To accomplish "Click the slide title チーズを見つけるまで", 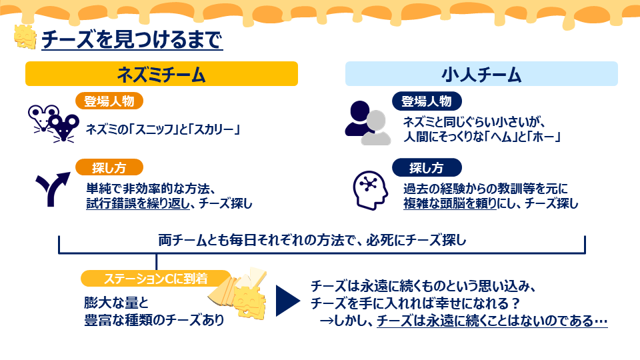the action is pos(132,39).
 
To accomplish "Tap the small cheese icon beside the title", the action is pos(25,37).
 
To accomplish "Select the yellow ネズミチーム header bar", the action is pos(161,74).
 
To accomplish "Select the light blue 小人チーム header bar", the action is pos(481,74).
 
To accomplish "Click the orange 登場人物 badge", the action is pos(109,101).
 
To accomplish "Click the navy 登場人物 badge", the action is pos(427,101).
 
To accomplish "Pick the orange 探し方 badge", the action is pos(109,167).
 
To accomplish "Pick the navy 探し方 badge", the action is pos(427,167).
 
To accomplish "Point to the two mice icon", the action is pos(53,123).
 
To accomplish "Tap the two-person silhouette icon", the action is pos(368,123).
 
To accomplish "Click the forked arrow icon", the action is pos(52,189).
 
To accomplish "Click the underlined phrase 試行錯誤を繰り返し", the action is pos(138,203).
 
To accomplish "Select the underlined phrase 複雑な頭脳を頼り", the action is pos(450,203).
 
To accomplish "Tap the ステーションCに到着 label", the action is pos(155,279).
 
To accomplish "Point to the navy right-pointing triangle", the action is pos(288,301).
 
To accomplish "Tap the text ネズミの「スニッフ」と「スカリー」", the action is pos(163,129).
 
